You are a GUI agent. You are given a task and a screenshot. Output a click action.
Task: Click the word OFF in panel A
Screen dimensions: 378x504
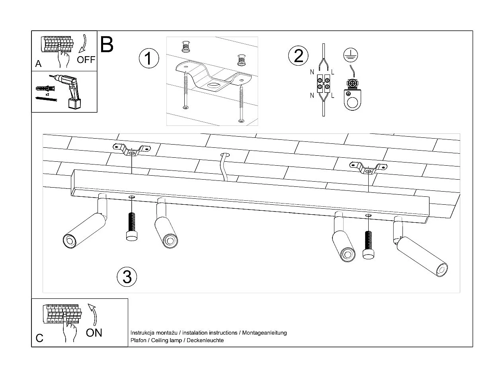86,60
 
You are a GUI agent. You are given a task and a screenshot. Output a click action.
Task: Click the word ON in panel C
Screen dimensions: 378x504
94,332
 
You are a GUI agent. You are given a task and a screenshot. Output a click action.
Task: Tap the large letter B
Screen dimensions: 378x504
107,45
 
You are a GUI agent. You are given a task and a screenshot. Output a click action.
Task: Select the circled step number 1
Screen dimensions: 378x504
148,59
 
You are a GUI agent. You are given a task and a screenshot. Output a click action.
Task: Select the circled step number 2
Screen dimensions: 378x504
298,56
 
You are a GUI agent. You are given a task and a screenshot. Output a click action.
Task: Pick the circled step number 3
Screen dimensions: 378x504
127,276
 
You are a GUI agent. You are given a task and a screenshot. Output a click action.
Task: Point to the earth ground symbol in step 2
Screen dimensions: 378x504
350,56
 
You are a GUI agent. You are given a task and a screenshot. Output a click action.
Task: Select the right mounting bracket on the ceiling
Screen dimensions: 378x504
369,168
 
